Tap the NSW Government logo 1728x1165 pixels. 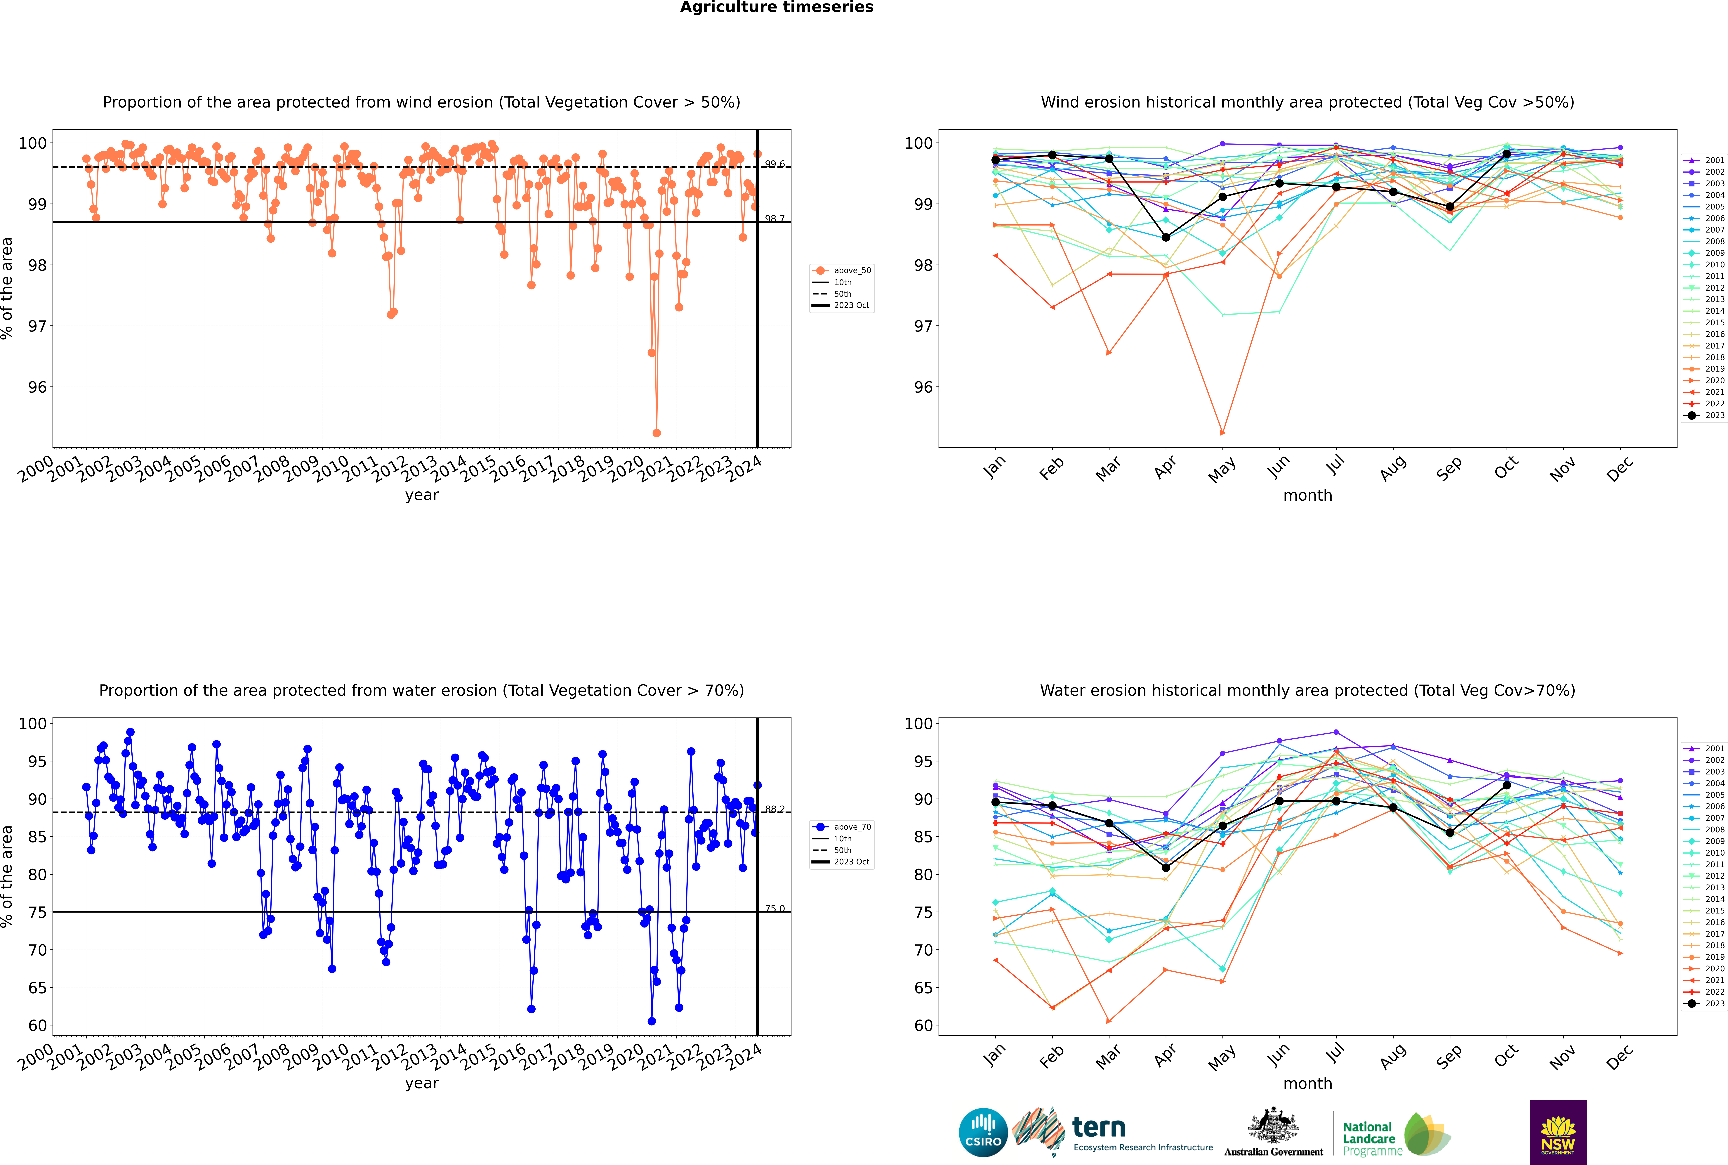[1558, 1132]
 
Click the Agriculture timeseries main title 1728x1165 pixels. [776, 7]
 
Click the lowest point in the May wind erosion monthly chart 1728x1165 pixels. [1222, 432]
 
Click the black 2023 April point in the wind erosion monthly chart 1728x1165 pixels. [1166, 238]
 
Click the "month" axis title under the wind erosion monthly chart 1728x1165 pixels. [1307, 496]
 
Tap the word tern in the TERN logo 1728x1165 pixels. [1099, 1128]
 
